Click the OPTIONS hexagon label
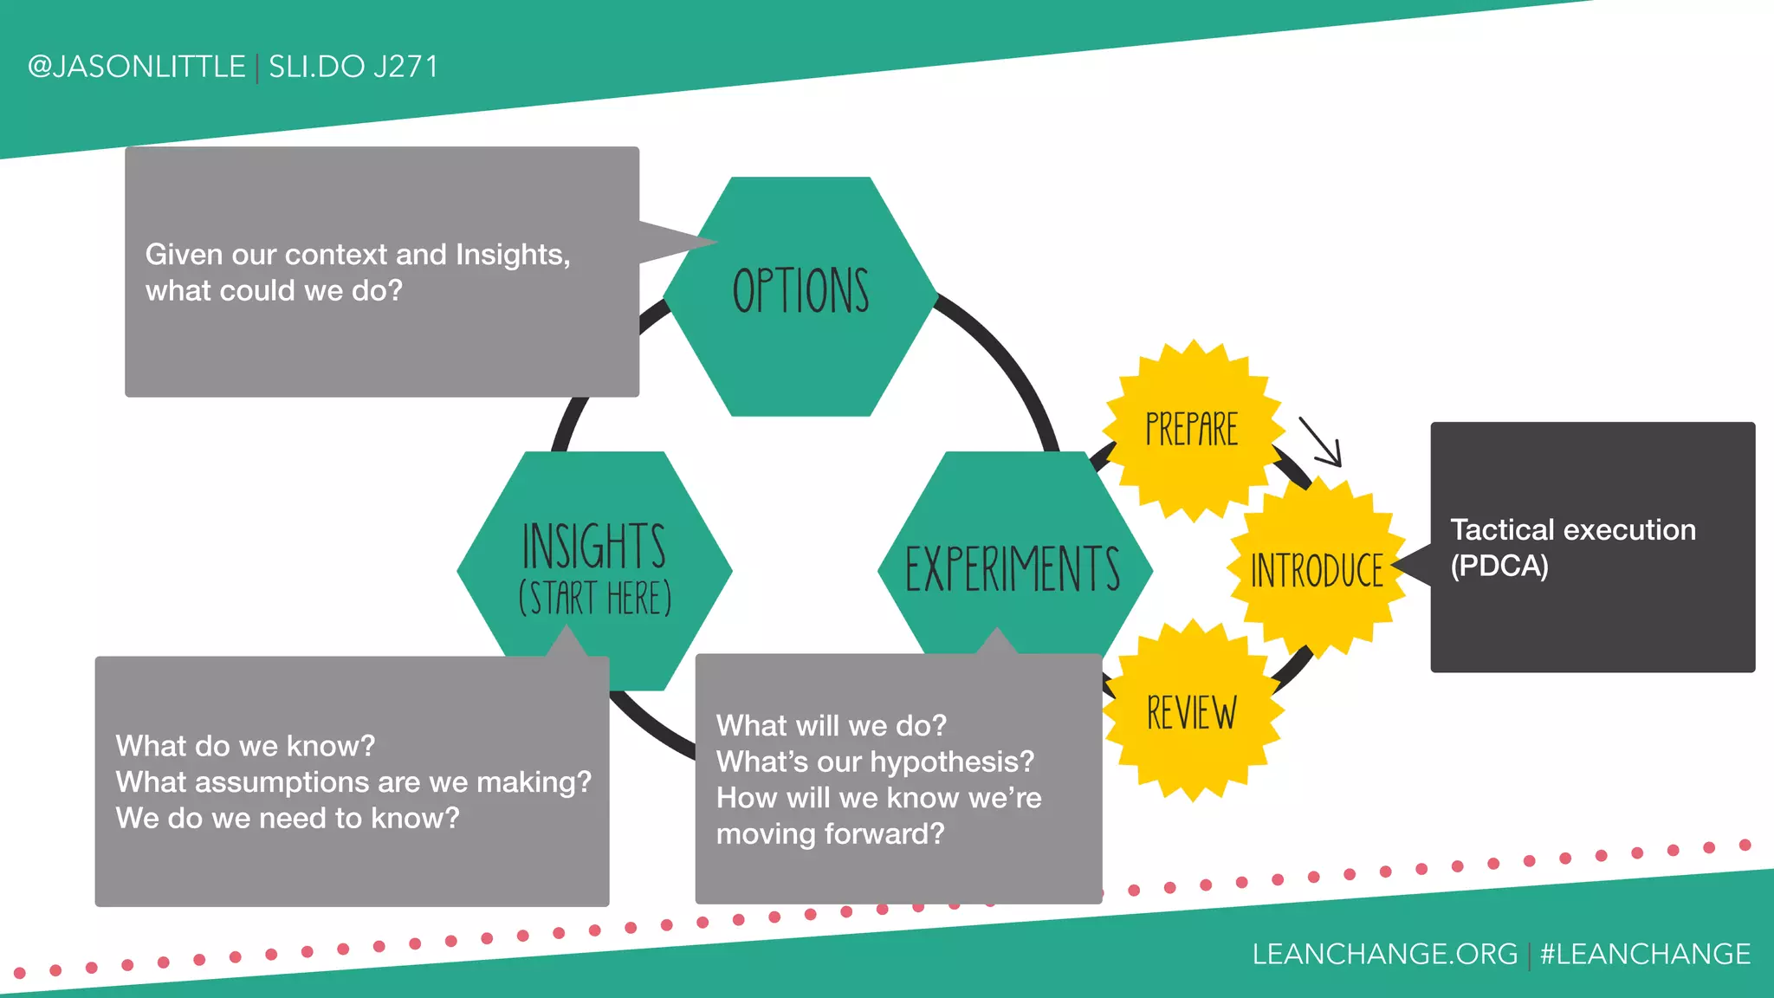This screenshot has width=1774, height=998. coord(800,291)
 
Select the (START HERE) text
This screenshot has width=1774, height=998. coord(595,599)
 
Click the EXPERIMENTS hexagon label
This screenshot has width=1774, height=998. coord(1013,569)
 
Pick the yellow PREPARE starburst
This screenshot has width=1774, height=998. coord(1192,430)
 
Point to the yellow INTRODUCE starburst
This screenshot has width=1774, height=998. coord(1317,570)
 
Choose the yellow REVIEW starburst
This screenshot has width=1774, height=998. coord(1192,713)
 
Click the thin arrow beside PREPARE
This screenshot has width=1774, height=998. coord(1321,443)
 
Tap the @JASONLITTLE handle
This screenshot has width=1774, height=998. coord(137,67)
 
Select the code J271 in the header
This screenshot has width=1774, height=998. coord(405,67)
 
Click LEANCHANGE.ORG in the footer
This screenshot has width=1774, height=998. coord(1384,954)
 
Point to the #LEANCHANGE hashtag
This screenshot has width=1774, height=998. coord(1645,954)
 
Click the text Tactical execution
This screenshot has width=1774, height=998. coord(1573,529)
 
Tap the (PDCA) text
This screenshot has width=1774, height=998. coord(1499,566)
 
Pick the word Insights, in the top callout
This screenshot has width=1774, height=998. coord(513,255)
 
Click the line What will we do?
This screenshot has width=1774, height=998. coord(831,725)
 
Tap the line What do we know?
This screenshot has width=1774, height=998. coord(245,746)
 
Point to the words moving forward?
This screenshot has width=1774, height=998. coord(830,833)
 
